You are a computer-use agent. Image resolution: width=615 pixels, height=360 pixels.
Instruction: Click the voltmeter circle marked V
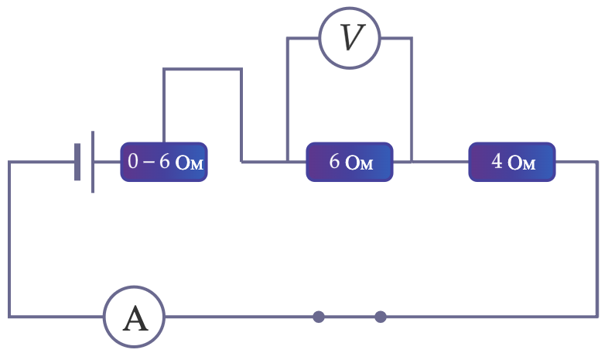pyautogui.click(x=350, y=9)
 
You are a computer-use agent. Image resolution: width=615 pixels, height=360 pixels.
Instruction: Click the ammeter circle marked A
pyautogui.click(x=134, y=287)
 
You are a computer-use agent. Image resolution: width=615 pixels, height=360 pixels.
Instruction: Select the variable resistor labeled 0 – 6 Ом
pyautogui.click(x=164, y=162)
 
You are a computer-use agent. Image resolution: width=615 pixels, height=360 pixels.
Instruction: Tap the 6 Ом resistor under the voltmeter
pyautogui.click(x=350, y=162)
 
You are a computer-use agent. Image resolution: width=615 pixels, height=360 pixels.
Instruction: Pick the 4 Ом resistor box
pyautogui.click(x=512, y=162)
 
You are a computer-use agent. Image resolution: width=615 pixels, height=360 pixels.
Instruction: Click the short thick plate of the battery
pyautogui.click(x=77, y=162)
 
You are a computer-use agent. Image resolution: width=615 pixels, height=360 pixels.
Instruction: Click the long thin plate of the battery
pyautogui.click(x=93, y=162)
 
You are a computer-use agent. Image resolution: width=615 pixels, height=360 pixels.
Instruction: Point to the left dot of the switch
pyautogui.click(x=319, y=317)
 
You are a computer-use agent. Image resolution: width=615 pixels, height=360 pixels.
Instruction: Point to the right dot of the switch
pyautogui.click(x=381, y=317)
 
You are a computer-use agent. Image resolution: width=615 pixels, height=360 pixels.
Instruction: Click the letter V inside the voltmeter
pyautogui.click(x=352, y=37)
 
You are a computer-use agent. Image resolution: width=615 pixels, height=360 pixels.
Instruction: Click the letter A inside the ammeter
pyautogui.click(x=135, y=318)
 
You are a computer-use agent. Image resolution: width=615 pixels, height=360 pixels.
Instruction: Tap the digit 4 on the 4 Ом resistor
pyautogui.click(x=497, y=161)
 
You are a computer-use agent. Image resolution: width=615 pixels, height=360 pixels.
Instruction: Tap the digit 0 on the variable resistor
pyautogui.click(x=133, y=161)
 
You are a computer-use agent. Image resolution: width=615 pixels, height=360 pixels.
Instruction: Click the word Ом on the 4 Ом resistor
pyautogui.click(x=521, y=163)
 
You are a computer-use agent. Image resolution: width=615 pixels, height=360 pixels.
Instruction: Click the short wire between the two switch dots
pyautogui.click(x=350, y=317)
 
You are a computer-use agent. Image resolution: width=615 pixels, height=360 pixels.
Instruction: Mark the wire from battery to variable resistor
pyautogui.click(x=108, y=161)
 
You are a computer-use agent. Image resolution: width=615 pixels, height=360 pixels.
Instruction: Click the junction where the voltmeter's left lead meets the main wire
pyautogui.click(x=288, y=161)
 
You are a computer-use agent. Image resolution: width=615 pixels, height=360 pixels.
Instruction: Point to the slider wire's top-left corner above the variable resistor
pyautogui.click(x=164, y=69)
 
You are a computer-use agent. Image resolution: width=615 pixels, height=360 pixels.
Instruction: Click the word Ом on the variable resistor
pyautogui.click(x=189, y=163)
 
